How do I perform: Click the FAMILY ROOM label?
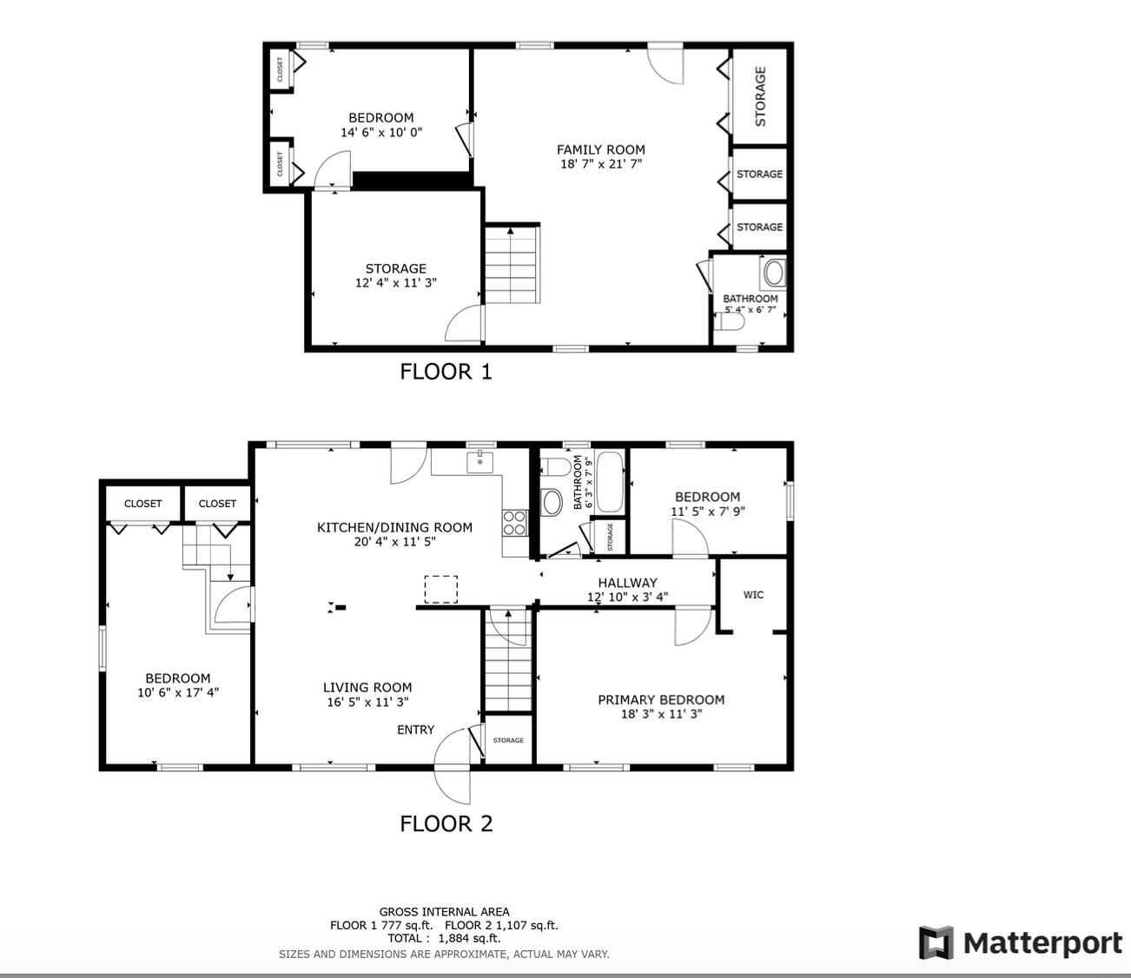tap(601, 149)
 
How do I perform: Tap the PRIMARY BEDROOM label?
tap(661, 699)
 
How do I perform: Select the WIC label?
tap(753, 595)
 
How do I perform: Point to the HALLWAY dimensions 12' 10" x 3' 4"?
tap(627, 597)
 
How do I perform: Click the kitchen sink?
tap(480, 462)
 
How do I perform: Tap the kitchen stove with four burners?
tap(515, 522)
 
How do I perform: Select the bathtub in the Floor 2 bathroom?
tap(610, 482)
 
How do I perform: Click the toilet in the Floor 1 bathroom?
tap(730, 321)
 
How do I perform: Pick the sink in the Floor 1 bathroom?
tap(773, 273)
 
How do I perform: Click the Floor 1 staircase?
tap(513, 264)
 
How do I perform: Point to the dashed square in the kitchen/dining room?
tap(441, 589)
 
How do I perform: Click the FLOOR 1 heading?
tap(446, 372)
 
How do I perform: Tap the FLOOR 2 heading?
tap(446, 823)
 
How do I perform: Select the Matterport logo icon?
tap(936, 942)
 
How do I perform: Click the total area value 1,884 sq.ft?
tap(469, 939)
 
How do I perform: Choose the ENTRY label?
tap(416, 730)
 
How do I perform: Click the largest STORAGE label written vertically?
tap(760, 96)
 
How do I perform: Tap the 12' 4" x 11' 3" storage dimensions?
tap(396, 283)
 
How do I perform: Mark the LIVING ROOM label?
tap(367, 688)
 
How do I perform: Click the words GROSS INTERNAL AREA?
tap(444, 912)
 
